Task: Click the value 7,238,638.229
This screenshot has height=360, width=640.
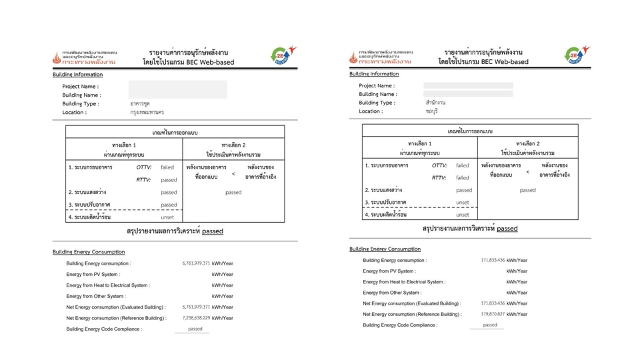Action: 196,318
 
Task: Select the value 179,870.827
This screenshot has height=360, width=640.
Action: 493,314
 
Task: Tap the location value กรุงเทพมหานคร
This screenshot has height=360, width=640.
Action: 147,113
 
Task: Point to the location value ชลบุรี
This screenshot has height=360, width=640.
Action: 432,111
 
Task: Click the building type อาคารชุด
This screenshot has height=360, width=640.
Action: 140,104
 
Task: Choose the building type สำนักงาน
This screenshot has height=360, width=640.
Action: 435,103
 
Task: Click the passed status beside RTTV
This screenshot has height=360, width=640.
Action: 169,180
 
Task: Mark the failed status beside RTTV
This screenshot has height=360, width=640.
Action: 462,178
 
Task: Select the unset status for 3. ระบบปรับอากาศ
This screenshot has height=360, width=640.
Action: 462,203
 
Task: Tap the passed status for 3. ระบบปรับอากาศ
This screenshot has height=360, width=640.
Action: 169,205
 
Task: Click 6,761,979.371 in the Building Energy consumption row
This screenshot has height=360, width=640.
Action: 196,263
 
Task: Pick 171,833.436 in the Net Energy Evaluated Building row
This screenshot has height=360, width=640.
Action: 493,303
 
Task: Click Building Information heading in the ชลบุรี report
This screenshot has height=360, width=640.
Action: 374,74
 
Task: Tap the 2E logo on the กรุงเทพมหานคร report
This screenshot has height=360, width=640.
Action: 281,56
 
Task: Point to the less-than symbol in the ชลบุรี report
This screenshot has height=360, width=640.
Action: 527,173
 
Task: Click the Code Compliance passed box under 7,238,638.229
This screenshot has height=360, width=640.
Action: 195,329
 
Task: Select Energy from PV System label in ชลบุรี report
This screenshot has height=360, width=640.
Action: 389,271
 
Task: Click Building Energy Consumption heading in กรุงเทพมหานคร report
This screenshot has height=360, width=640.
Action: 89,252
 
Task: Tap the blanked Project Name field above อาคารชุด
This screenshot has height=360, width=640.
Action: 177,86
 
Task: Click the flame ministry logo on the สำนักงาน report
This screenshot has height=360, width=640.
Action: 353,57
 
